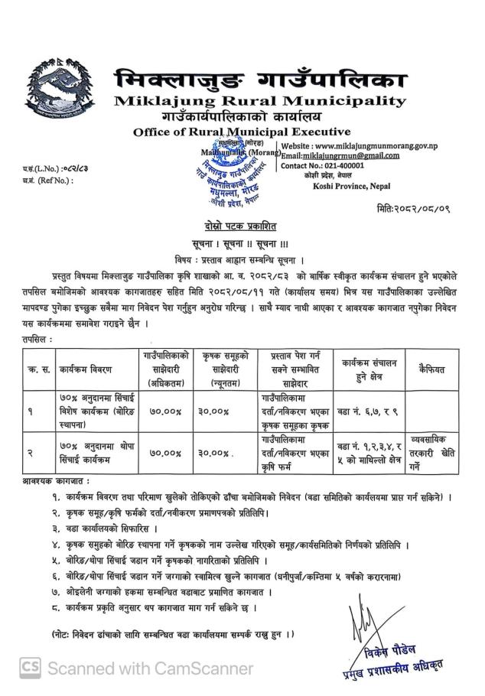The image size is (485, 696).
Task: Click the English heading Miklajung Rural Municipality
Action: [x=259, y=101]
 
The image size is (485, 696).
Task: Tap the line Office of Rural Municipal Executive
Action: [x=241, y=132]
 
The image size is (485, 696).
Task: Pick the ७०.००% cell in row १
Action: [x=166, y=411]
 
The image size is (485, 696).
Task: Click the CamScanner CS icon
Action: [x=31, y=668]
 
